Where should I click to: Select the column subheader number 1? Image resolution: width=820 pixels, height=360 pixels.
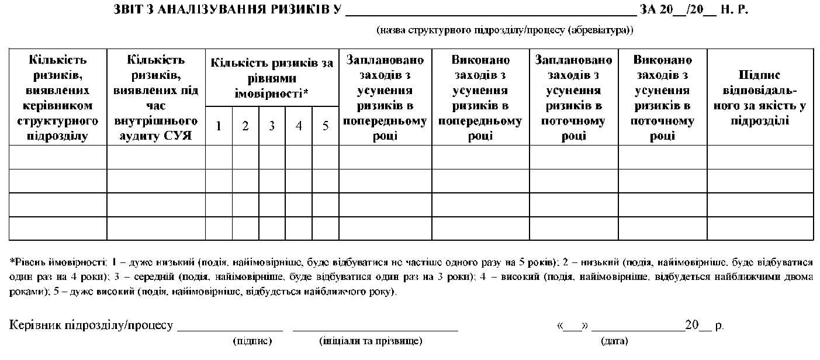pyautogui.click(x=219, y=126)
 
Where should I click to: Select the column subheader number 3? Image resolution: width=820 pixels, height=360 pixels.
pyautogui.click(x=272, y=126)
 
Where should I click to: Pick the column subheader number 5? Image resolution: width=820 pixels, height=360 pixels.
pyautogui.click(x=326, y=126)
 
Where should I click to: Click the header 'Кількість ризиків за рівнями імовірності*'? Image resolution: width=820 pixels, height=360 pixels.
pyautogui.click(x=272, y=78)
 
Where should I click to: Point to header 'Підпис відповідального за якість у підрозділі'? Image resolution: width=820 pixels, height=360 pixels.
pyautogui.click(x=760, y=98)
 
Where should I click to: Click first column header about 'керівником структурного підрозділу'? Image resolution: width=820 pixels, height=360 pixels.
pyautogui.click(x=57, y=98)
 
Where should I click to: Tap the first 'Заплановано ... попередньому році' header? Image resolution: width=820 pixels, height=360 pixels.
pyautogui.click(x=385, y=98)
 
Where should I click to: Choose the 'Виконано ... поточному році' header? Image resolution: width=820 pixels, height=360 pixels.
pyautogui.click(x=662, y=98)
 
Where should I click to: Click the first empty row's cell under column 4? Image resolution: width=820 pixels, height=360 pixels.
pyautogui.click(x=299, y=157)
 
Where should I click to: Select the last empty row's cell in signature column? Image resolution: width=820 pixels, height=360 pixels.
pyautogui.click(x=760, y=228)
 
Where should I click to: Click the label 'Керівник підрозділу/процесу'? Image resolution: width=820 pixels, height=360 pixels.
pyautogui.click(x=91, y=326)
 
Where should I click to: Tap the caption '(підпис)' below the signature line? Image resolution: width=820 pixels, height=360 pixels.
pyautogui.click(x=252, y=340)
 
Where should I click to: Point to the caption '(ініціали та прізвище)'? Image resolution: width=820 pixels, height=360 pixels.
pyautogui.click(x=371, y=340)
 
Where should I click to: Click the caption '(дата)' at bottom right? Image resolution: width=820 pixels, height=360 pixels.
pyautogui.click(x=614, y=340)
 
